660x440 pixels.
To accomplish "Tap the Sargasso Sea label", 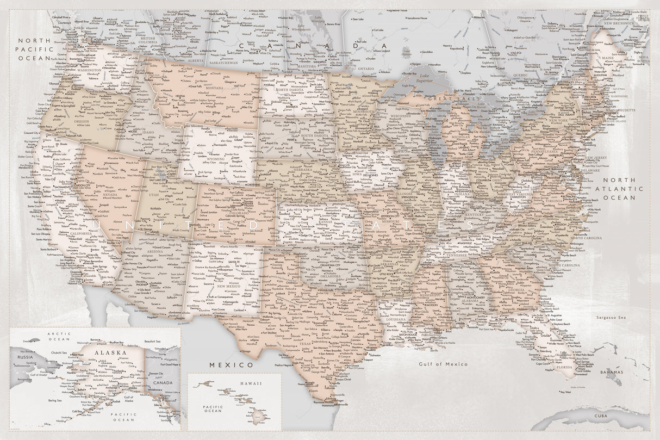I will point(611,317).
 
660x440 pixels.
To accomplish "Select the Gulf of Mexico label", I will point(443,363).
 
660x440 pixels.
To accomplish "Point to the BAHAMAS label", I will point(611,372).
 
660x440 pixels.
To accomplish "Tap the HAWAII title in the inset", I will point(253,383).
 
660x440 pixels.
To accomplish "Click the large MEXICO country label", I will point(231,364).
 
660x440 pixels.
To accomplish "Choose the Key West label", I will point(565,392).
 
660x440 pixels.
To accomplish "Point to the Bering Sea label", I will point(55,400).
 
